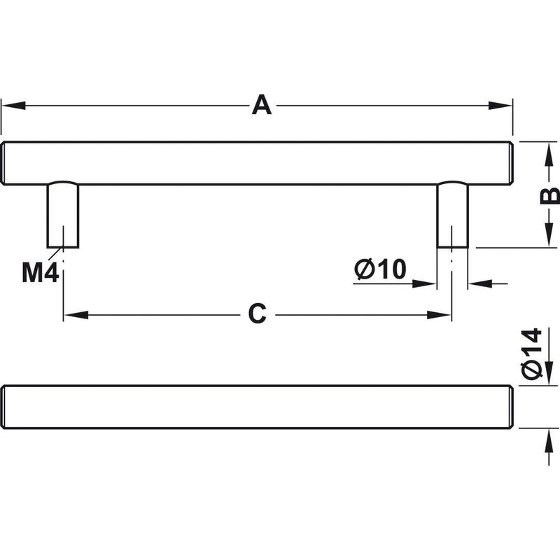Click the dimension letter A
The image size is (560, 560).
[x=262, y=104]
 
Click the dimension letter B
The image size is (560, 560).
[x=550, y=195]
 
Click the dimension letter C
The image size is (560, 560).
[x=257, y=314]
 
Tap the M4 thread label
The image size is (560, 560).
[x=41, y=272]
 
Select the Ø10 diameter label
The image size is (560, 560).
[x=380, y=269]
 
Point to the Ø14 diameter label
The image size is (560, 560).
[x=531, y=353]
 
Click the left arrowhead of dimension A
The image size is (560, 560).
[x=13, y=106]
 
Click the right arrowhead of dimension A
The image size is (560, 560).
[x=500, y=106]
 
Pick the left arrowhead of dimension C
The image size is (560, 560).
[x=76, y=315]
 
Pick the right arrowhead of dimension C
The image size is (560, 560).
[x=439, y=315]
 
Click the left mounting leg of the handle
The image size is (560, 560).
[x=63, y=215]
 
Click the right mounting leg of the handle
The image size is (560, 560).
[x=452, y=215]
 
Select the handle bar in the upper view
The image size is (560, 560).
[x=257, y=163]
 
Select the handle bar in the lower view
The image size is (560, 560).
[x=257, y=407]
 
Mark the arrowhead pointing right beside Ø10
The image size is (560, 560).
[x=424, y=284]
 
